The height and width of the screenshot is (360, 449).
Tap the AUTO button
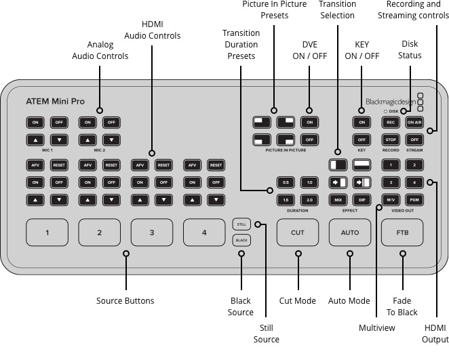coord(350,233)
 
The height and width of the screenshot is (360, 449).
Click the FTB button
coord(402,233)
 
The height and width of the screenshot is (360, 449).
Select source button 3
coord(151,233)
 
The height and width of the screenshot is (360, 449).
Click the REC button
coord(390,123)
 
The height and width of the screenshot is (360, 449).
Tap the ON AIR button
coord(414,123)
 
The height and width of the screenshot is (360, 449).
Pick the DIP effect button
coord(362,200)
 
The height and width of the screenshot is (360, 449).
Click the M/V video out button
coord(390,200)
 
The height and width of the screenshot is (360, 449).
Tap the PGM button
coord(414,200)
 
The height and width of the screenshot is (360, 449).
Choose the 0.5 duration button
coord(286,182)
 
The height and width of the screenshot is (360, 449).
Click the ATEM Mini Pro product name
coord(56,101)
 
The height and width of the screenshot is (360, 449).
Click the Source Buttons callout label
coord(125,300)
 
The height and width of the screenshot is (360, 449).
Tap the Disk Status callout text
coord(409,49)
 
